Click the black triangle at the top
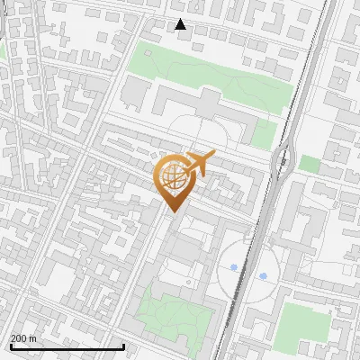pyautogui.click(x=181, y=24)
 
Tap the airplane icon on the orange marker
pyautogui.click(x=199, y=163)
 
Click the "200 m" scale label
pyautogui.click(x=23, y=338)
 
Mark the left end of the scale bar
pyautogui.click(x=10, y=346)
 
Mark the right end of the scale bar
pyautogui.click(x=123, y=346)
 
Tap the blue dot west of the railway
pyautogui.click(x=234, y=267)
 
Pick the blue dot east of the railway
pyautogui.click(x=264, y=275)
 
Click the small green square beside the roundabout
pyautogui.click(x=310, y=164)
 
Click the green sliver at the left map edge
pyautogui.click(x=2, y=52)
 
